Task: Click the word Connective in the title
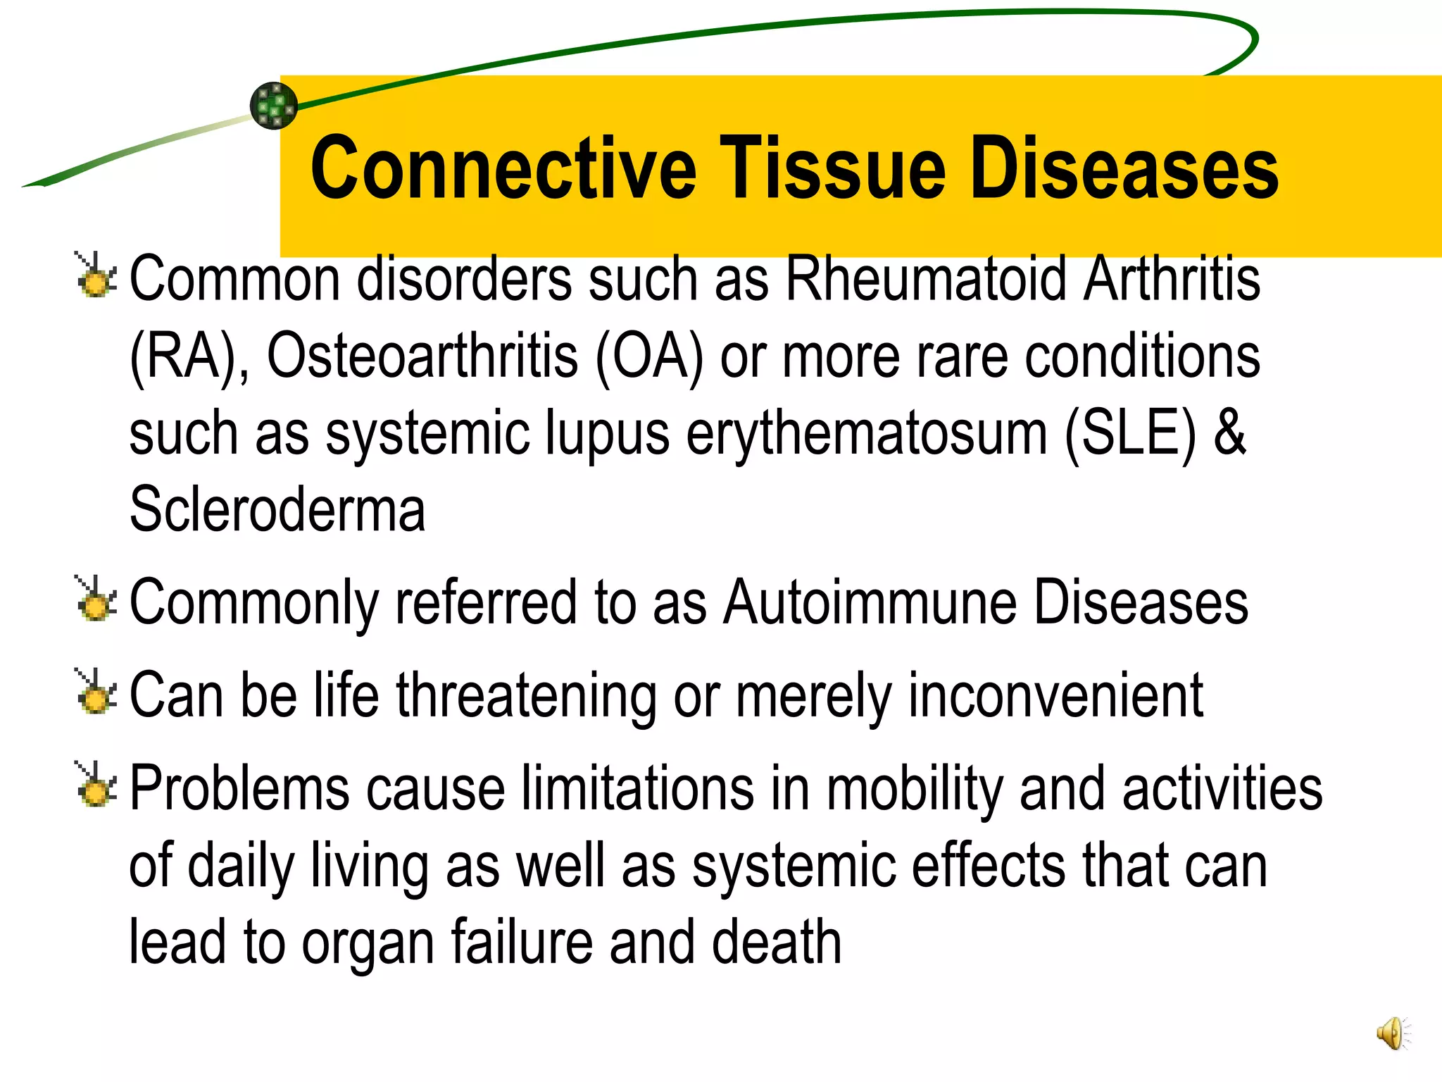503,169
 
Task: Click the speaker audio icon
1393,1033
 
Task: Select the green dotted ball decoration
274,106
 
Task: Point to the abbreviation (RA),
189,356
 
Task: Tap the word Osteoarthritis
422,356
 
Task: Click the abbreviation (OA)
649,356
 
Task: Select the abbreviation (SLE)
1129,433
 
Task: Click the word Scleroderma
277,510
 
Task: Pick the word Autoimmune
870,603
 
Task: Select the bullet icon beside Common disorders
95,275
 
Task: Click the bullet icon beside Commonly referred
95,599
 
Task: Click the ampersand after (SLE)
1229,433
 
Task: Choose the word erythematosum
866,433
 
